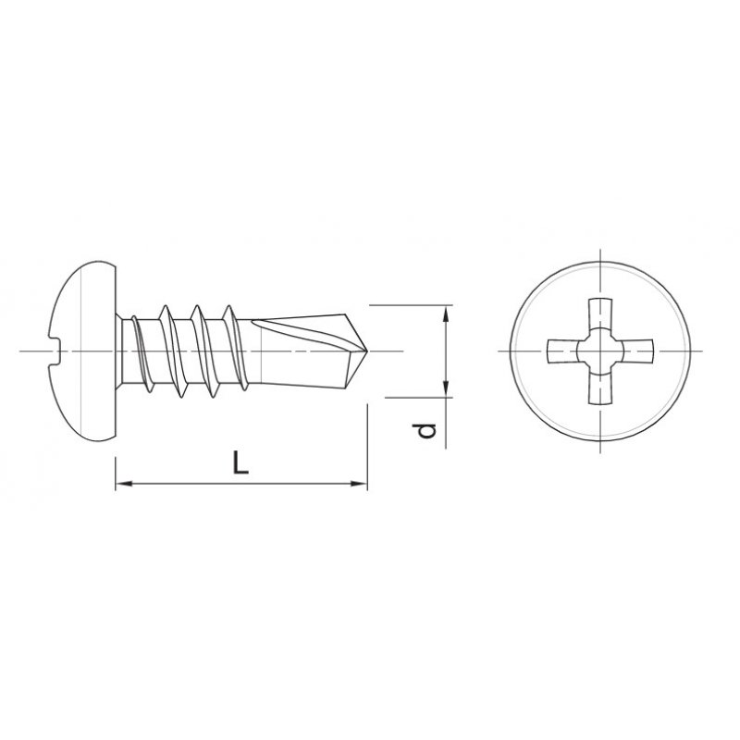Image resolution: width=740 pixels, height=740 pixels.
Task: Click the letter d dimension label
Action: tap(424, 431)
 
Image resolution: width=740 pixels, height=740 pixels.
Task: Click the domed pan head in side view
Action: tap(83, 351)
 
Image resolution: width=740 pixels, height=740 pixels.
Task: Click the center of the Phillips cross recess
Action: tap(598, 352)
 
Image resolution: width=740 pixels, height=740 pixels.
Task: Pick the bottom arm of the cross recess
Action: tap(598, 390)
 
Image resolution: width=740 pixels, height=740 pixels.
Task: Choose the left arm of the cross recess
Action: tap(561, 352)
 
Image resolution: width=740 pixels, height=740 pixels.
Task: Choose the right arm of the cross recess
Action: tap(637, 352)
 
